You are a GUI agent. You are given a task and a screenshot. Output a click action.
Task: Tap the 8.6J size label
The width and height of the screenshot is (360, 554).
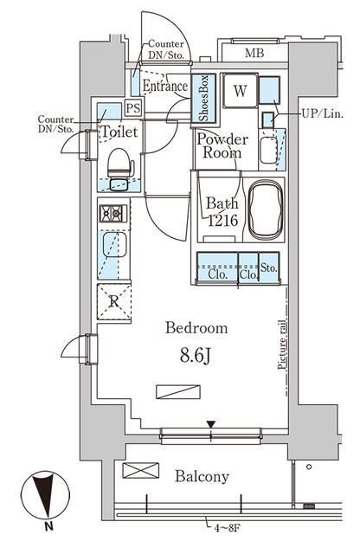click(x=196, y=356)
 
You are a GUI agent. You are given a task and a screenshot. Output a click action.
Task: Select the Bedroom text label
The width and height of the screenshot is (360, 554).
click(x=196, y=328)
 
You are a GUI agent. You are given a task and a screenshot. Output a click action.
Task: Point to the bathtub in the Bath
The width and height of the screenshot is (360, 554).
click(x=266, y=209)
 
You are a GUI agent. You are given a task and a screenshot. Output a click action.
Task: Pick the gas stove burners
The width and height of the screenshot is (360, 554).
click(x=113, y=214)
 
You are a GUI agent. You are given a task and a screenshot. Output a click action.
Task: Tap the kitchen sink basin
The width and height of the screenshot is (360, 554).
click(x=115, y=244)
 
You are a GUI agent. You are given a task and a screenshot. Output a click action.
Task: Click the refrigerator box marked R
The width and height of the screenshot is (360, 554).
click(x=113, y=302)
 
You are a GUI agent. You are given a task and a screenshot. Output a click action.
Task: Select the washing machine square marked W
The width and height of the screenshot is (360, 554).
click(x=241, y=91)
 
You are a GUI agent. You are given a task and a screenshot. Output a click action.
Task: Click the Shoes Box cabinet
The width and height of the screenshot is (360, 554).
click(x=203, y=98)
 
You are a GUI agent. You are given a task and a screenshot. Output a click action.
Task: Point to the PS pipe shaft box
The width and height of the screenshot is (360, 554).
click(x=133, y=107)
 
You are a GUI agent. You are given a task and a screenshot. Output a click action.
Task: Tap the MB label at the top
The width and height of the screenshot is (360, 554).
click(x=254, y=54)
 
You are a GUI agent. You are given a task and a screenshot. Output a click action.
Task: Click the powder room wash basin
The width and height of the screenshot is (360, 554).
click(x=268, y=150)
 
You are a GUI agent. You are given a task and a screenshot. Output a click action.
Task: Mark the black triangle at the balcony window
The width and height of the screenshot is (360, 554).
click(x=211, y=424)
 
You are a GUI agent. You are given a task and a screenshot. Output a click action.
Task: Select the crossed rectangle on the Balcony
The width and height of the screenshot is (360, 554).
click(x=140, y=471)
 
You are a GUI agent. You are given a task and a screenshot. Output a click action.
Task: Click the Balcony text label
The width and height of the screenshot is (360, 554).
click(x=202, y=477)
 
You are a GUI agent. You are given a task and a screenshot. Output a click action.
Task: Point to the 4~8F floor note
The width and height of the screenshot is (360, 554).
click(x=228, y=529)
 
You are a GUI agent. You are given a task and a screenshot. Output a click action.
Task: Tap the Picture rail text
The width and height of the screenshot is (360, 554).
click(x=281, y=345)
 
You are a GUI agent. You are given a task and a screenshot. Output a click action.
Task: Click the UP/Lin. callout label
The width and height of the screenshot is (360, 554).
click(x=322, y=114)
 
